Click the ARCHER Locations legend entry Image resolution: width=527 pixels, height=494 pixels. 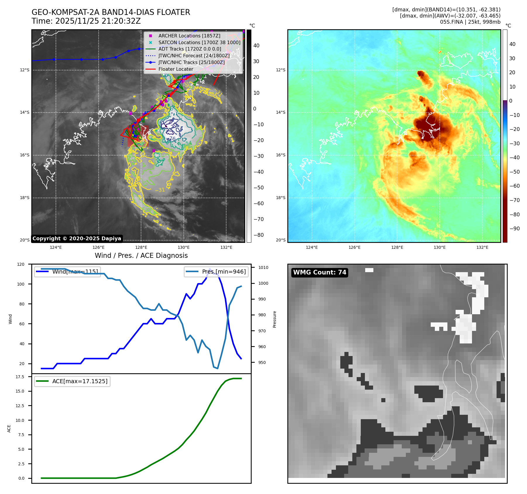point(189,36)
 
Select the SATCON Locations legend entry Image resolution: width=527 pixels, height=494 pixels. point(199,42)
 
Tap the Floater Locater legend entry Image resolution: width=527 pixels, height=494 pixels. point(176,69)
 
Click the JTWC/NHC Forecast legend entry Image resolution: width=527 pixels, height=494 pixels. point(194,56)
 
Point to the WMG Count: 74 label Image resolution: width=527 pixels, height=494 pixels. point(320,272)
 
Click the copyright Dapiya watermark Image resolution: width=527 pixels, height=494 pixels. point(77,239)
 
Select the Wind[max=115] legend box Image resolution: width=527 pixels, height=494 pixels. point(68,272)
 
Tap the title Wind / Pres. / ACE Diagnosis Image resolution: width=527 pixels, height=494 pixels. point(141,256)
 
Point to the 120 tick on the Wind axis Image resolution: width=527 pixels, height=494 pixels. point(21,264)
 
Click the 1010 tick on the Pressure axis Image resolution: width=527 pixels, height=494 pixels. point(263,267)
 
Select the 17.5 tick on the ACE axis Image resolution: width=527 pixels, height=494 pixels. point(20,377)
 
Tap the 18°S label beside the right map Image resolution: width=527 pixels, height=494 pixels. point(281,198)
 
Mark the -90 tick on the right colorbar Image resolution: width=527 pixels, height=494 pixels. point(514,229)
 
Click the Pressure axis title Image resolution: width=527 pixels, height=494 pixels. point(274,319)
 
